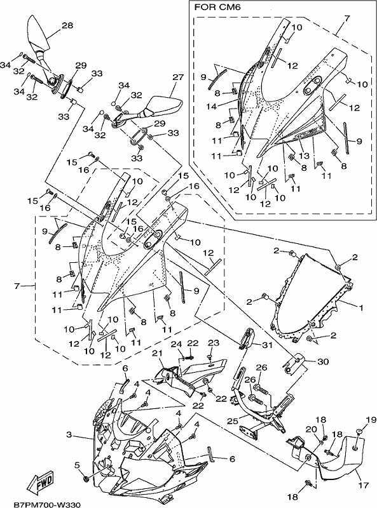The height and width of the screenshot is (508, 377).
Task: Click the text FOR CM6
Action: (217, 8)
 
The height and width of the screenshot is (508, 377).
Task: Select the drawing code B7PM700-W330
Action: (46, 504)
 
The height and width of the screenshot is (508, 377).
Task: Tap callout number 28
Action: (67, 25)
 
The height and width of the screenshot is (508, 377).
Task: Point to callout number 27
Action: (178, 77)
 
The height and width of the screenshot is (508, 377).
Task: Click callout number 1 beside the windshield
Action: (360, 307)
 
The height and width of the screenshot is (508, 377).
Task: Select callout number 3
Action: (69, 434)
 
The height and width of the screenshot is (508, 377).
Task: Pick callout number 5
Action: (76, 465)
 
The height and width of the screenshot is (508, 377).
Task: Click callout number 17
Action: (364, 485)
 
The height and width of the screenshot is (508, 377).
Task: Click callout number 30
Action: (323, 361)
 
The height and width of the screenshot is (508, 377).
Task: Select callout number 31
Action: (267, 345)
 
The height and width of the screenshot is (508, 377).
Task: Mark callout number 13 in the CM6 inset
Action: (304, 156)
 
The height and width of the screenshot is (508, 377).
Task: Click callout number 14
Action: (211, 106)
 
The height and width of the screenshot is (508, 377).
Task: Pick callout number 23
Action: (214, 343)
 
